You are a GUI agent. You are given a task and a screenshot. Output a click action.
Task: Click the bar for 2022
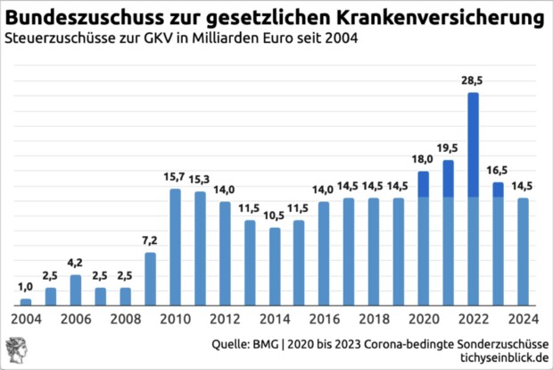coord(473,206)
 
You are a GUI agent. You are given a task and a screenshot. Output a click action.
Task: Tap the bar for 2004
coord(27,302)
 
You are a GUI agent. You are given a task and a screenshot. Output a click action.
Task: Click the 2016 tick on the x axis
coord(324,318)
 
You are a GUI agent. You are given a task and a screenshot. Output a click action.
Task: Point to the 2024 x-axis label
coord(522,318)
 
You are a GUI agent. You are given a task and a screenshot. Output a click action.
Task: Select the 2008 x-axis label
coord(126,318)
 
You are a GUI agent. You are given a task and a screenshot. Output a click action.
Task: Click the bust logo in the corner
coord(15,349)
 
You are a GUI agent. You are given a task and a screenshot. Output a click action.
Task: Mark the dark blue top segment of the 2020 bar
coord(424,184)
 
